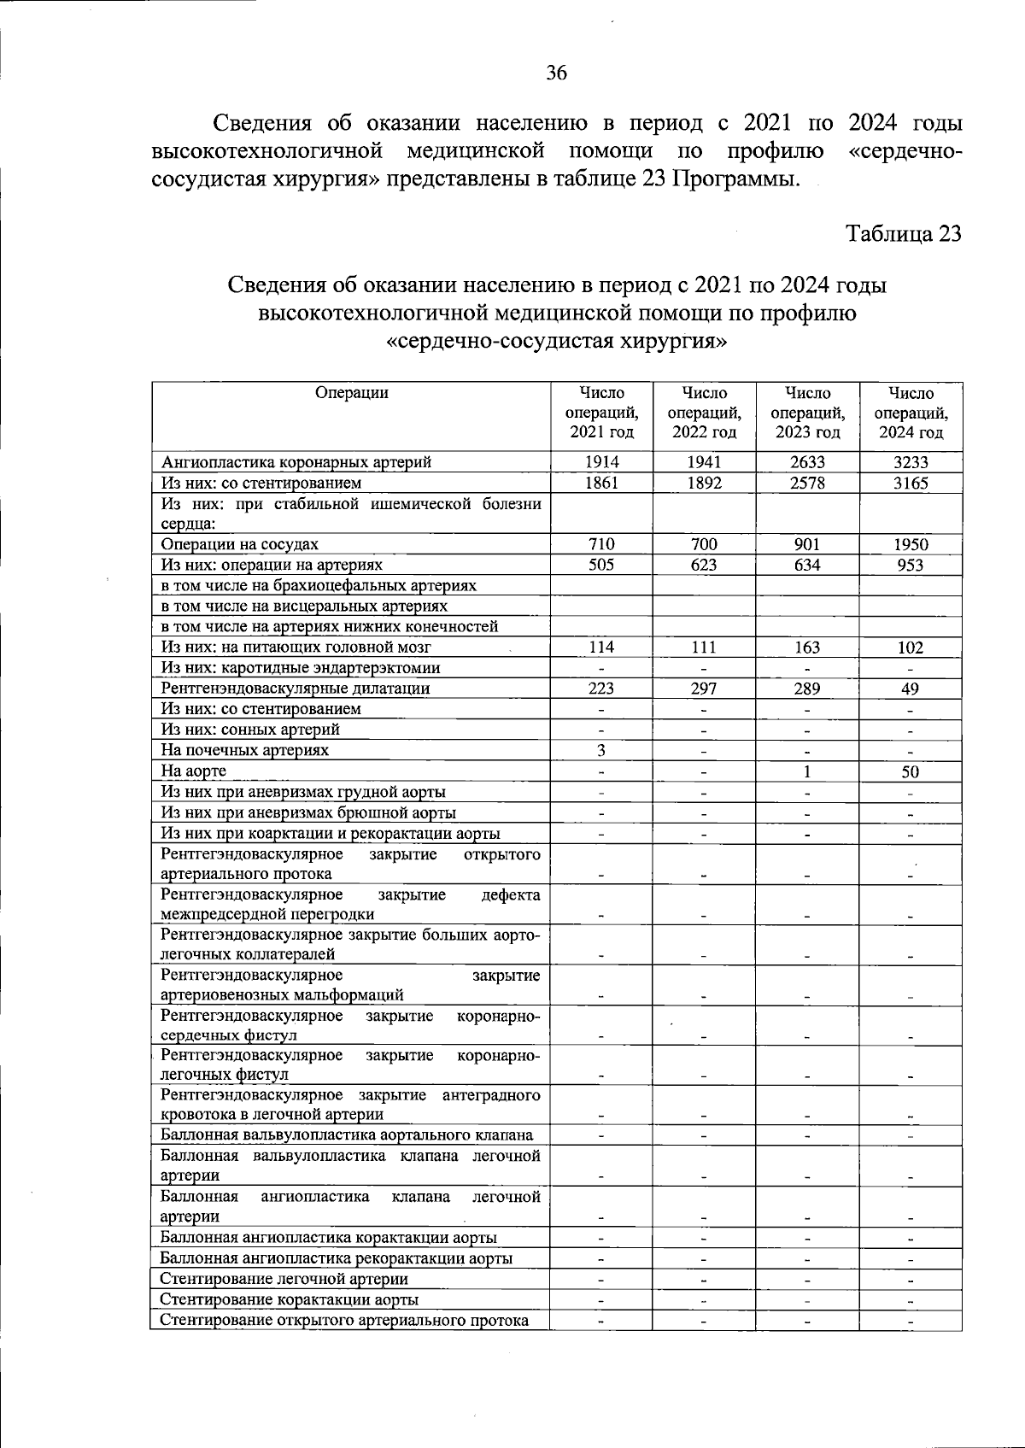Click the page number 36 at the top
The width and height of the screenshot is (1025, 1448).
point(556,73)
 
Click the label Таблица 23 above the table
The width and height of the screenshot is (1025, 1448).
point(903,234)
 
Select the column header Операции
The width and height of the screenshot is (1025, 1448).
point(351,393)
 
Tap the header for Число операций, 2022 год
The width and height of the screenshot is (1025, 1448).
point(704,413)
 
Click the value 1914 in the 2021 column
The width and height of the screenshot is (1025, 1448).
point(601,462)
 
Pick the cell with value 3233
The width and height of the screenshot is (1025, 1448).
point(911,462)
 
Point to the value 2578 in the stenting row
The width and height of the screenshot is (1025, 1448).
point(807,483)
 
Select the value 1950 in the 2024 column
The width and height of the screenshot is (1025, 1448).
point(911,544)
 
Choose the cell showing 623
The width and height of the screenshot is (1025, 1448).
point(704,565)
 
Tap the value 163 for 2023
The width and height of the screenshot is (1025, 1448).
point(807,648)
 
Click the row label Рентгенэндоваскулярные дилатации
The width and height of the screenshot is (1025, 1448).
point(296,689)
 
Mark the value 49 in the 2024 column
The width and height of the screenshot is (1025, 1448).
point(911,689)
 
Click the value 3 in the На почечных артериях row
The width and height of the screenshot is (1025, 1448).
point(601,750)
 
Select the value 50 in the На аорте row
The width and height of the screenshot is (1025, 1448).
point(911,771)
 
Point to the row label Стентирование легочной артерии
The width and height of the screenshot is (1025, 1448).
point(284,1279)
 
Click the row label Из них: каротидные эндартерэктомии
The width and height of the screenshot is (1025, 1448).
point(301,668)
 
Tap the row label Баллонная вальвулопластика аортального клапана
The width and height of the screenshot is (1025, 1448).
point(347,1134)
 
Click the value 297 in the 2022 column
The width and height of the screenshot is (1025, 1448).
point(704,689)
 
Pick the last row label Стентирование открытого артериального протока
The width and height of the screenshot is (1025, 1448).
point(344,1320)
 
